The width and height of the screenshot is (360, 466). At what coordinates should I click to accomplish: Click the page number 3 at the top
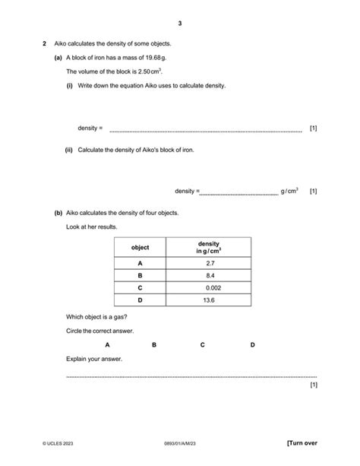click(x=180, y=23)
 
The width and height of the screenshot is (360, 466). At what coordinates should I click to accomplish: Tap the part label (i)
click(x=69, y=86)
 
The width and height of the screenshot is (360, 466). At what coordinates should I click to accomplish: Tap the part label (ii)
click(x=69, y=150)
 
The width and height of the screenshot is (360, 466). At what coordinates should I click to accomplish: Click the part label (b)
click(x=58, y=213)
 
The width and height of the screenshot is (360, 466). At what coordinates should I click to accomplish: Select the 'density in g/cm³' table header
click(x=209, y=248)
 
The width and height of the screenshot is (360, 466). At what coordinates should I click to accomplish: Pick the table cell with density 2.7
click(x=210, y=263)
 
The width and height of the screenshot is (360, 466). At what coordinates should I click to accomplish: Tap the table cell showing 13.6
click(x=210, y=301)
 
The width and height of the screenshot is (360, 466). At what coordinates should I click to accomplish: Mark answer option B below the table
click(x=154, y=345)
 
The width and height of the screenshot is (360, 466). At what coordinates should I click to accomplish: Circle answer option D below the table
click(x=253, y=345)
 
